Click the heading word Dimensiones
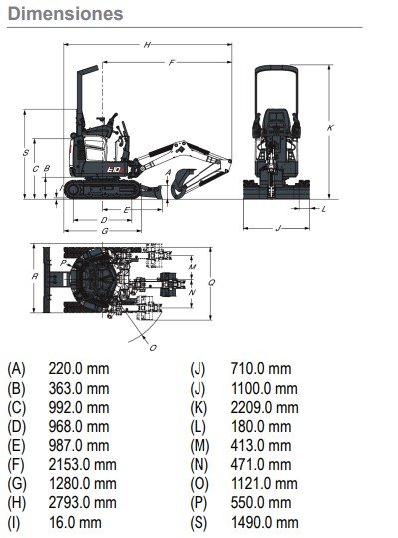tap(65, 14)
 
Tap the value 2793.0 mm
tap(82, 503)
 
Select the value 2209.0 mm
tap(264, 407)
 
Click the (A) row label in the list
tap(16, 369)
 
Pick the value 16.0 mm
tap(75, 523)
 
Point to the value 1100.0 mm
tap(264, 388)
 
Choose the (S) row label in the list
tap(199, 523)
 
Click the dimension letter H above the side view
tap(147, 45)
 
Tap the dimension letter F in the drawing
tap(172, 63)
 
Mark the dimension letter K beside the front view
tap(330, 128)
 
